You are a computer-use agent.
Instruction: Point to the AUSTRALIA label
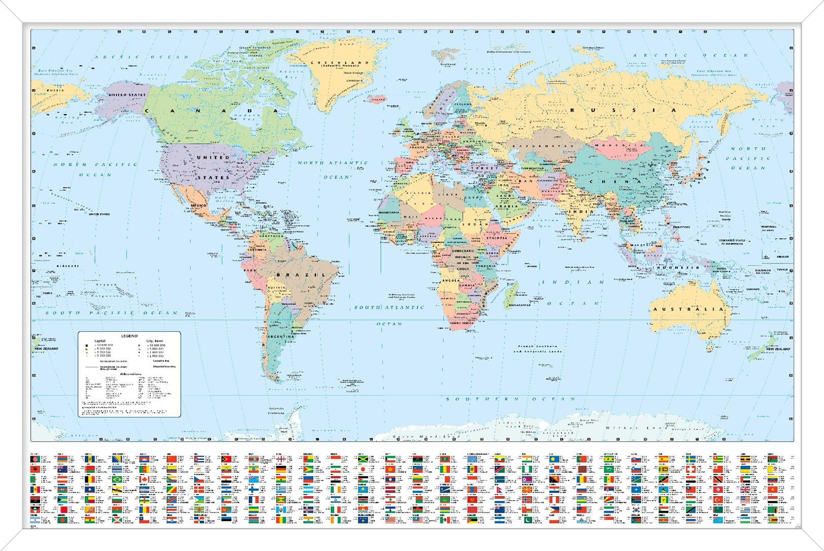[x=680, y=309]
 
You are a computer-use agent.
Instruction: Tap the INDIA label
[x=574, y=211]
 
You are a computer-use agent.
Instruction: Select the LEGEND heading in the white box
[x=129, y=336]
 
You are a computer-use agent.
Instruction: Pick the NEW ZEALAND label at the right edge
[x=778, y=349]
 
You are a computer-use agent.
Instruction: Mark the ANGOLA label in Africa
[x=451, y=280]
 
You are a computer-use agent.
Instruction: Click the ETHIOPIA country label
[x=497, y=238]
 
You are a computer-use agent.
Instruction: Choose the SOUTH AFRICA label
[x=461, y=323]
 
